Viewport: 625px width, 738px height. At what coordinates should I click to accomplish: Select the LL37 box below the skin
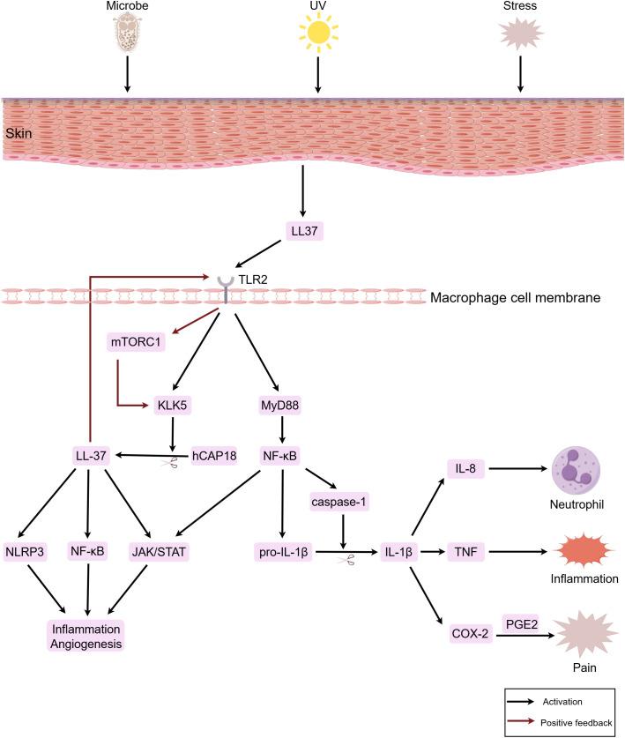coord(304,230)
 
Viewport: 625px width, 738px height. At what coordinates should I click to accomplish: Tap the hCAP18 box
coord(217,456)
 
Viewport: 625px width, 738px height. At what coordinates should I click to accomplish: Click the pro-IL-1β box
coord(281,554)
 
